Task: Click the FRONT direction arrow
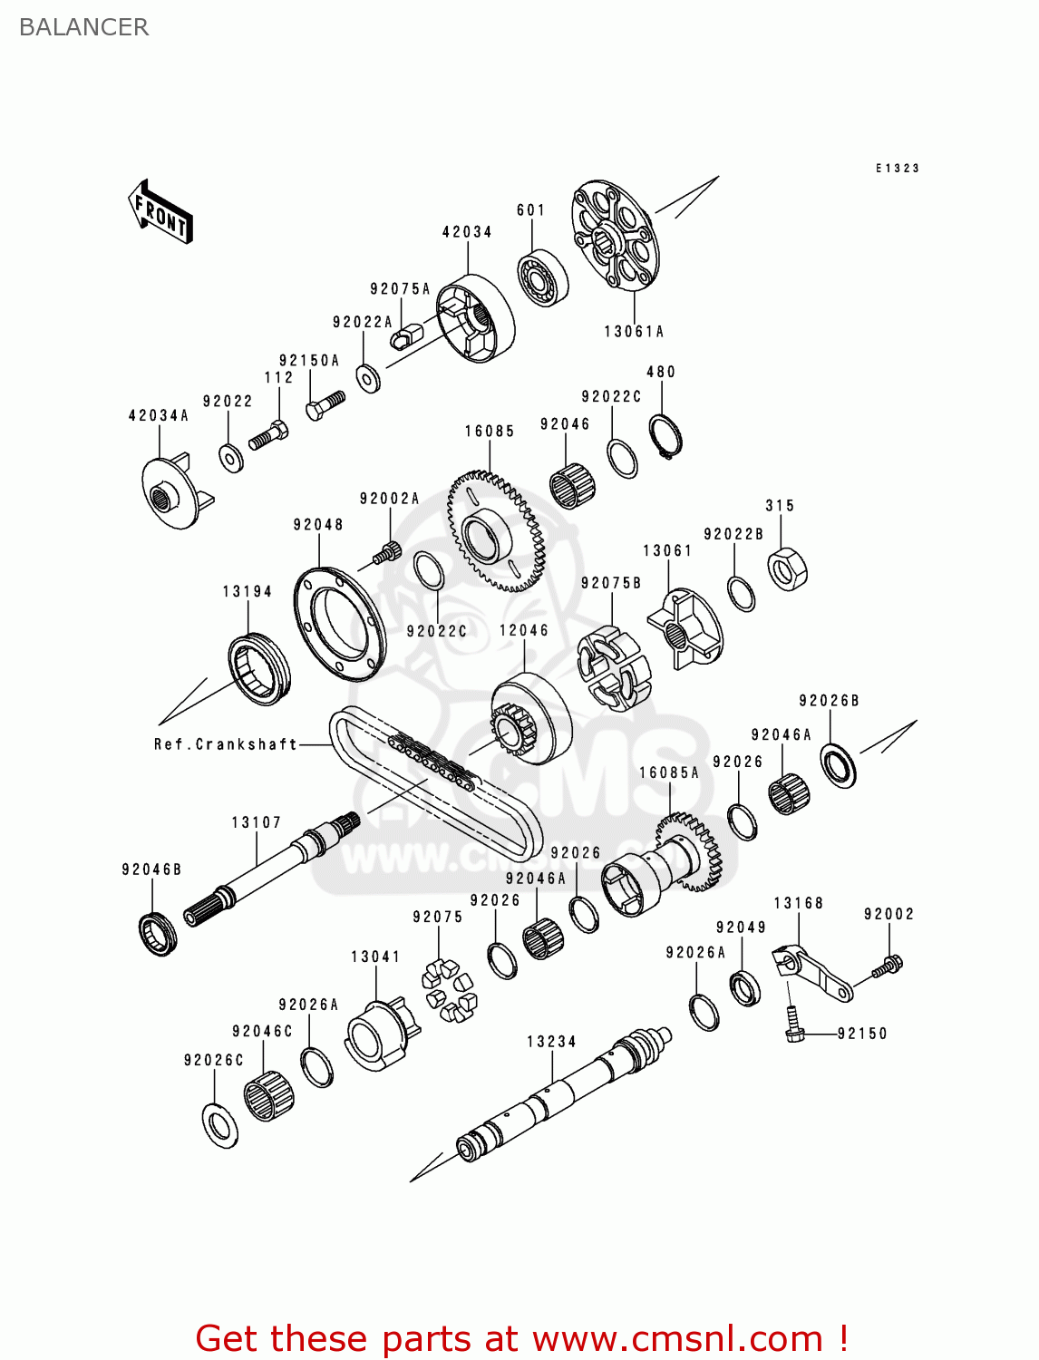tap(160, 212)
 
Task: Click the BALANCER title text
tap(83, 27)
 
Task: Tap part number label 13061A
tap(634, 332)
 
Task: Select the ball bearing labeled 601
tap(542, 277)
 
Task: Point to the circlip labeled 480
tap(666, 436)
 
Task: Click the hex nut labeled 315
tap(787, 569)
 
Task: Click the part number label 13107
tap(257, 822)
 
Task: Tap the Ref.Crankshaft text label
tap(226, 744)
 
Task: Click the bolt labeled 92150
tap(794, 1026)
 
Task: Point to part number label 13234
tap(551, 1042)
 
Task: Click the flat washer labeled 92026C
tap(219, 1124)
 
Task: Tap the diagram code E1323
tap(897, 169)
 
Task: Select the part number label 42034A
tap(159, 416)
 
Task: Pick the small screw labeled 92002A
tap(388, 551)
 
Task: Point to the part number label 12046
tap(524, 630)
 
